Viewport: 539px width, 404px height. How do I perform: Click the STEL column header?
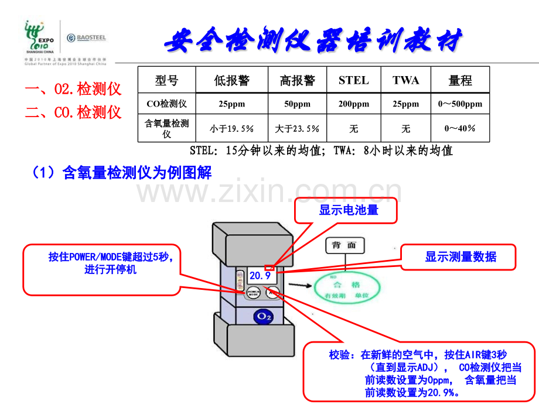coord(354,80)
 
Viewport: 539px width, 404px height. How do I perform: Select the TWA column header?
coord(406,80)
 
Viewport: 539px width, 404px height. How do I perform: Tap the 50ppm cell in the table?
coord(297,104)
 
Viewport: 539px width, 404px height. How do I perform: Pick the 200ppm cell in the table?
coord(354,104)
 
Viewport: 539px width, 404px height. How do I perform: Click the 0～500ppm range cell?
coord(460,104)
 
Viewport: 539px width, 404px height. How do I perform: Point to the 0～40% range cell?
coord(460,128)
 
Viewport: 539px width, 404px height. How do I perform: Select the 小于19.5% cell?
coord(232,129)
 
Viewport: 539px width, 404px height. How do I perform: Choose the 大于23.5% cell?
coord(297,129)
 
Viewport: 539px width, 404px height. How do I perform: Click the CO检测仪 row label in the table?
coord(166,104)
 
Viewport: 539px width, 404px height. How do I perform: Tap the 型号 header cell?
coord(166,80)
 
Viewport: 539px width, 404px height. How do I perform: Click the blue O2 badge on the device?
coord(263,317)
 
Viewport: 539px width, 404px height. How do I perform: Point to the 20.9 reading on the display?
coord(260,275)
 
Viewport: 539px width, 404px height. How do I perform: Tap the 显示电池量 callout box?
coord(349,210)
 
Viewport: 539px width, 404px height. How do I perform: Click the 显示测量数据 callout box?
coord(460,257)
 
